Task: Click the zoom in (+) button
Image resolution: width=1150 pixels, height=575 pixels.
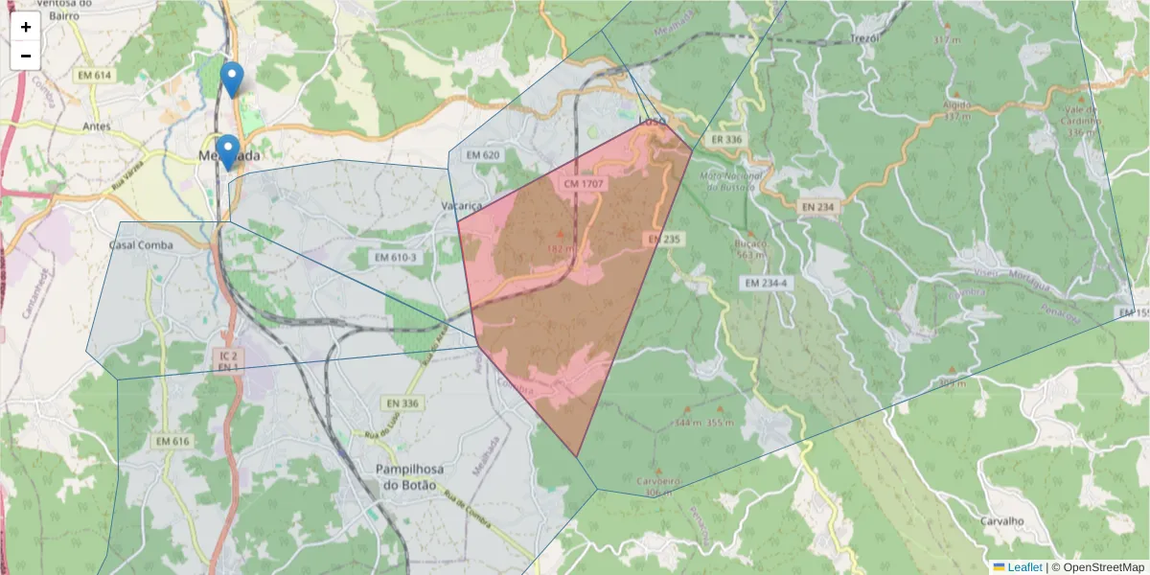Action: coord(26,27)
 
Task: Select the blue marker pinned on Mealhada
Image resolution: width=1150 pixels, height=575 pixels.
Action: coord(227,151)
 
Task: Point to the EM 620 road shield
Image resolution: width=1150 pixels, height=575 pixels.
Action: coord(485,155)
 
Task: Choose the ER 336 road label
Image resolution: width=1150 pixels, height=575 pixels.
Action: coord(728,139)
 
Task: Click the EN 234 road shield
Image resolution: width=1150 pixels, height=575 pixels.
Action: coord(816,206)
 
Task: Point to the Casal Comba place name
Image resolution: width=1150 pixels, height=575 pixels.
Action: coord(141,245)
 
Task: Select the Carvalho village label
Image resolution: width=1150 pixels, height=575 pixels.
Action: coord(1002,521)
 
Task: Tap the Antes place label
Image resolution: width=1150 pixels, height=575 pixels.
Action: coord(98,126)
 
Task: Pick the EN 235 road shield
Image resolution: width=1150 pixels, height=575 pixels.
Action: coord(663,238)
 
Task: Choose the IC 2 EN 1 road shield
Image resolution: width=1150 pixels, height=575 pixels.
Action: coord(227,360)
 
